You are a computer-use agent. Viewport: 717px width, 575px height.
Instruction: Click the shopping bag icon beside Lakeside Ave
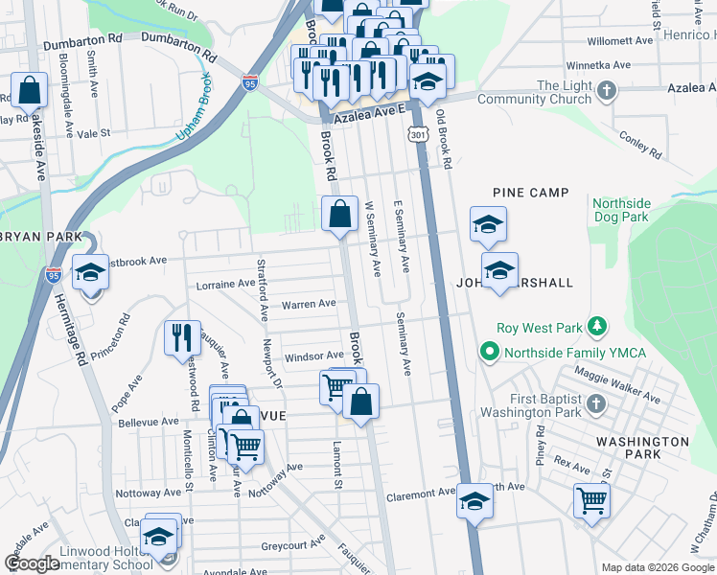coord(30,90)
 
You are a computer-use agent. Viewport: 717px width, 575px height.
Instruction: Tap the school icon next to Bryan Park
coord(90,274)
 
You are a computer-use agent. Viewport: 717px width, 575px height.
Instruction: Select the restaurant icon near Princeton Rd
coord(181,338)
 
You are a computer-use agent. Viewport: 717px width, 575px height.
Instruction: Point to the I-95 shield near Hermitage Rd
coord(54,275)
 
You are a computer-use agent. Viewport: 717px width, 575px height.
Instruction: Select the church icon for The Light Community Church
coord(605,92)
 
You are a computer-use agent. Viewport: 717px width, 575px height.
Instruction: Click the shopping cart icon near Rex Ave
coord(591,499)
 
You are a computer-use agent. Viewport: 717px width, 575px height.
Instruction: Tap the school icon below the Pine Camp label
coord(488,226)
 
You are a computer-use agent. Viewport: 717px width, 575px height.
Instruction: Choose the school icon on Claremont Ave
coord(475,501)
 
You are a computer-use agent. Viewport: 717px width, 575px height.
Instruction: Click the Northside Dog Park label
coord(621,211)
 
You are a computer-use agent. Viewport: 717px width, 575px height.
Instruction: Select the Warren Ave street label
coord(308,304)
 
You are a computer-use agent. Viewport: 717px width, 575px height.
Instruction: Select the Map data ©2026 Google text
coord(657,567)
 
